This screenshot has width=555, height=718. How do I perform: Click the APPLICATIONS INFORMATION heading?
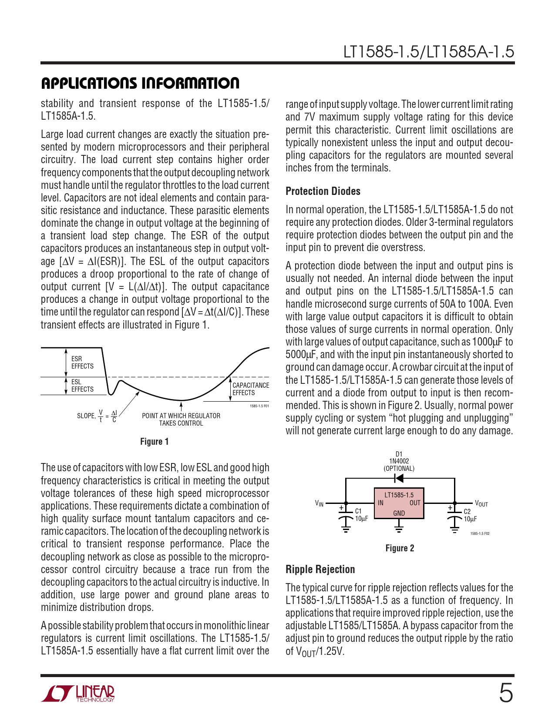point(140,83)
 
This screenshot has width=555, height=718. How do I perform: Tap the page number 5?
point(505,693)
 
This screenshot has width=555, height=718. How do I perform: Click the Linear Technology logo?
point(78,694)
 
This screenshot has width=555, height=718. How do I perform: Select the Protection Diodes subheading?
point(323,191)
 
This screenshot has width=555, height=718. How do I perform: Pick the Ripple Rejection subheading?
point(320,569)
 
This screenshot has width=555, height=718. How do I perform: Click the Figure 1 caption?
point(154,442)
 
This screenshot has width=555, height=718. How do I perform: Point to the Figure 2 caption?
point(400,548)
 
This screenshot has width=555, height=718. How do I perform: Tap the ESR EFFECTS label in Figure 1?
point(82,362)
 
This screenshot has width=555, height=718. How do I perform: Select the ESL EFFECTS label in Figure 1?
point(82,386)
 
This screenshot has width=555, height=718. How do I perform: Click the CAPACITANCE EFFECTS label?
point(250,389)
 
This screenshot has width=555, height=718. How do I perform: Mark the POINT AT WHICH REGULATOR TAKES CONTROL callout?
point(181,419)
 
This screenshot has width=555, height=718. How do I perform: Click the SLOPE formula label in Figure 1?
point(97,416)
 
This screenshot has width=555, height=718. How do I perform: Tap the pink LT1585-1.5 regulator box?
point(399,503)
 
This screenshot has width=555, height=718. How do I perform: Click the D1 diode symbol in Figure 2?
point(398,479)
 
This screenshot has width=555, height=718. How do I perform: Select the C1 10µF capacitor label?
point(361,515)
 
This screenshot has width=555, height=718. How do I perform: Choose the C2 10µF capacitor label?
point(470,515)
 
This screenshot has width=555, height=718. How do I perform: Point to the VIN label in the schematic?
point(319,503)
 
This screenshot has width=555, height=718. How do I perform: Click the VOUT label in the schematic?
point(481,503)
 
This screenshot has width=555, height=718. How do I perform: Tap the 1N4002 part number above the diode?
point(399,461)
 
